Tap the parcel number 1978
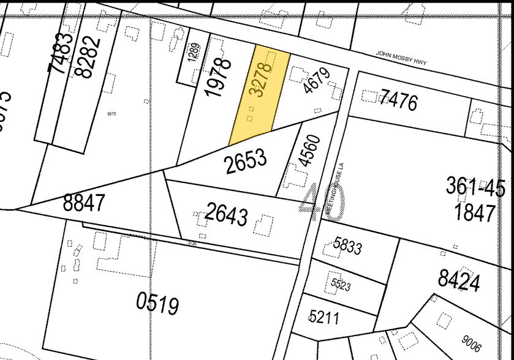tap(219, 77)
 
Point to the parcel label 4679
tap(316, 80)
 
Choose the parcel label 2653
tap(246, 161)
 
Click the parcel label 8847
tap(84, 203)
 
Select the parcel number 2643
tap(227, 214)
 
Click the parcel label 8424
tap(458, 280)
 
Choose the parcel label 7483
tap(62, 53)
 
